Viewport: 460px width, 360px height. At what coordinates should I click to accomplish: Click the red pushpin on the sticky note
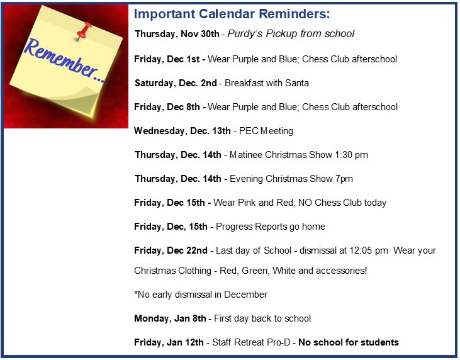(84, 31)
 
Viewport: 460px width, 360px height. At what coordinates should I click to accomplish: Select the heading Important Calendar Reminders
(232, 14)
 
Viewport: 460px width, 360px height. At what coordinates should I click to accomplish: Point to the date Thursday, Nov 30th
(177, 34)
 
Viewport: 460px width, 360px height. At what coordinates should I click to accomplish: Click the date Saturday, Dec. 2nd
(176, 83)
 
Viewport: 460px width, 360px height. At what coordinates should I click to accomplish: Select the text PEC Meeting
(266, 131)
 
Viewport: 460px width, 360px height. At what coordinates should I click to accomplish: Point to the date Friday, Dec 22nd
(171, 250)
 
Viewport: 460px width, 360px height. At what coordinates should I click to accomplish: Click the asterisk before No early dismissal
(136, 293)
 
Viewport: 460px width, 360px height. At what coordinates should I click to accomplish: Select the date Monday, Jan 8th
(170, 318)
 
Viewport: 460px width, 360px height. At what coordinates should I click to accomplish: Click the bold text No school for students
(349, 342)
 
